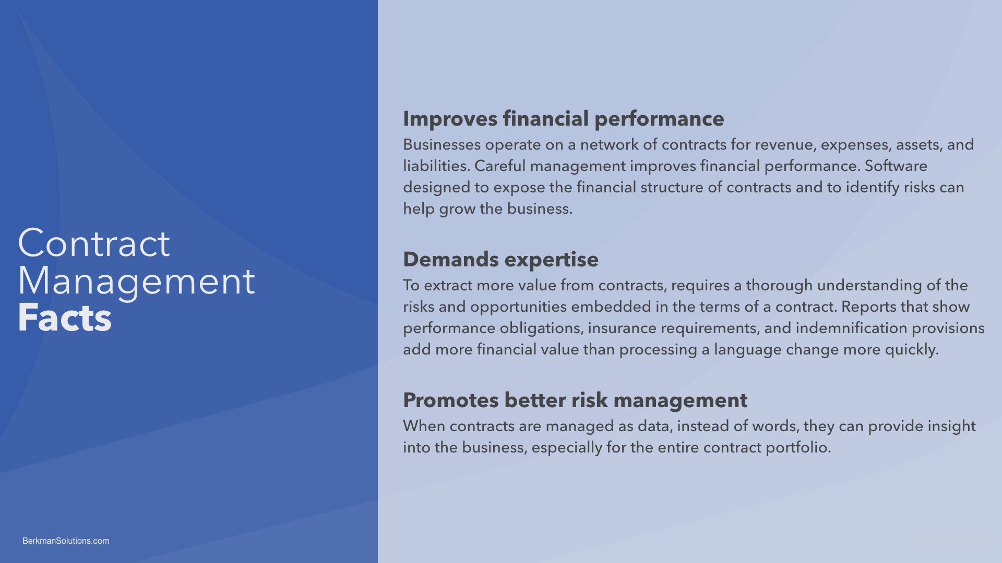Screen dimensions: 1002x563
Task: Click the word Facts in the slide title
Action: tap(65, 318)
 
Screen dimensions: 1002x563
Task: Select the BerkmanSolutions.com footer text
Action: tap(66, 541)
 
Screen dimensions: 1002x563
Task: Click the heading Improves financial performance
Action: tap(564, 119)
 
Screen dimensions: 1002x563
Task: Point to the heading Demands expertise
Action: tap(500, 260)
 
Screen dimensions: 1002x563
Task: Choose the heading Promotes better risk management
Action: tap(575, 400)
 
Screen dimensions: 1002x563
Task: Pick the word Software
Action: tap(896, 166)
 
